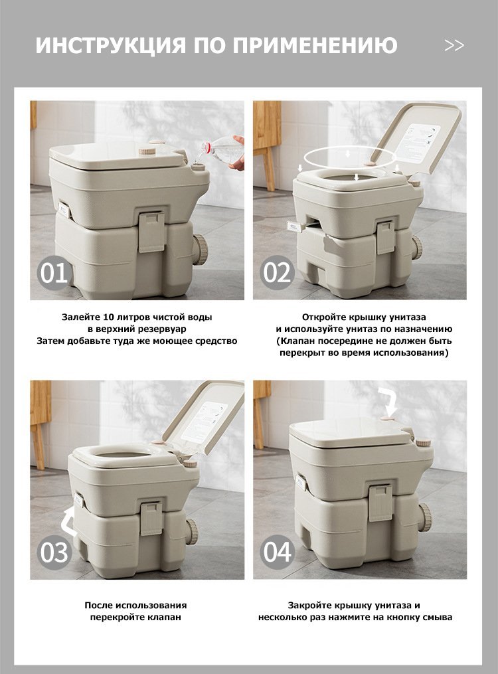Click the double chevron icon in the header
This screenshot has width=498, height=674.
[x=454, y=45]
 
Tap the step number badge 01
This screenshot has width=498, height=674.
[x=54, y=272]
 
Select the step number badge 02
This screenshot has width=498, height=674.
[x=277, y=272]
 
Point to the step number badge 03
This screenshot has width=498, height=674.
[x=54, y=552]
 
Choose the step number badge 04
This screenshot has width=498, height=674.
[x=277, y=552]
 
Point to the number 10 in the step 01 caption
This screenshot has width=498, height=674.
[x=109, y=317]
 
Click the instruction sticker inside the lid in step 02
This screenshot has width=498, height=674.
[x=416, y=143]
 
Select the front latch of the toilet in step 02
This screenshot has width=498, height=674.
[x=385, y=236]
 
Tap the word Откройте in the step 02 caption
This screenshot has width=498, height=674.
[x=323, y=317]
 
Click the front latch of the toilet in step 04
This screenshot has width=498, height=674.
[x=380, y=501]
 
